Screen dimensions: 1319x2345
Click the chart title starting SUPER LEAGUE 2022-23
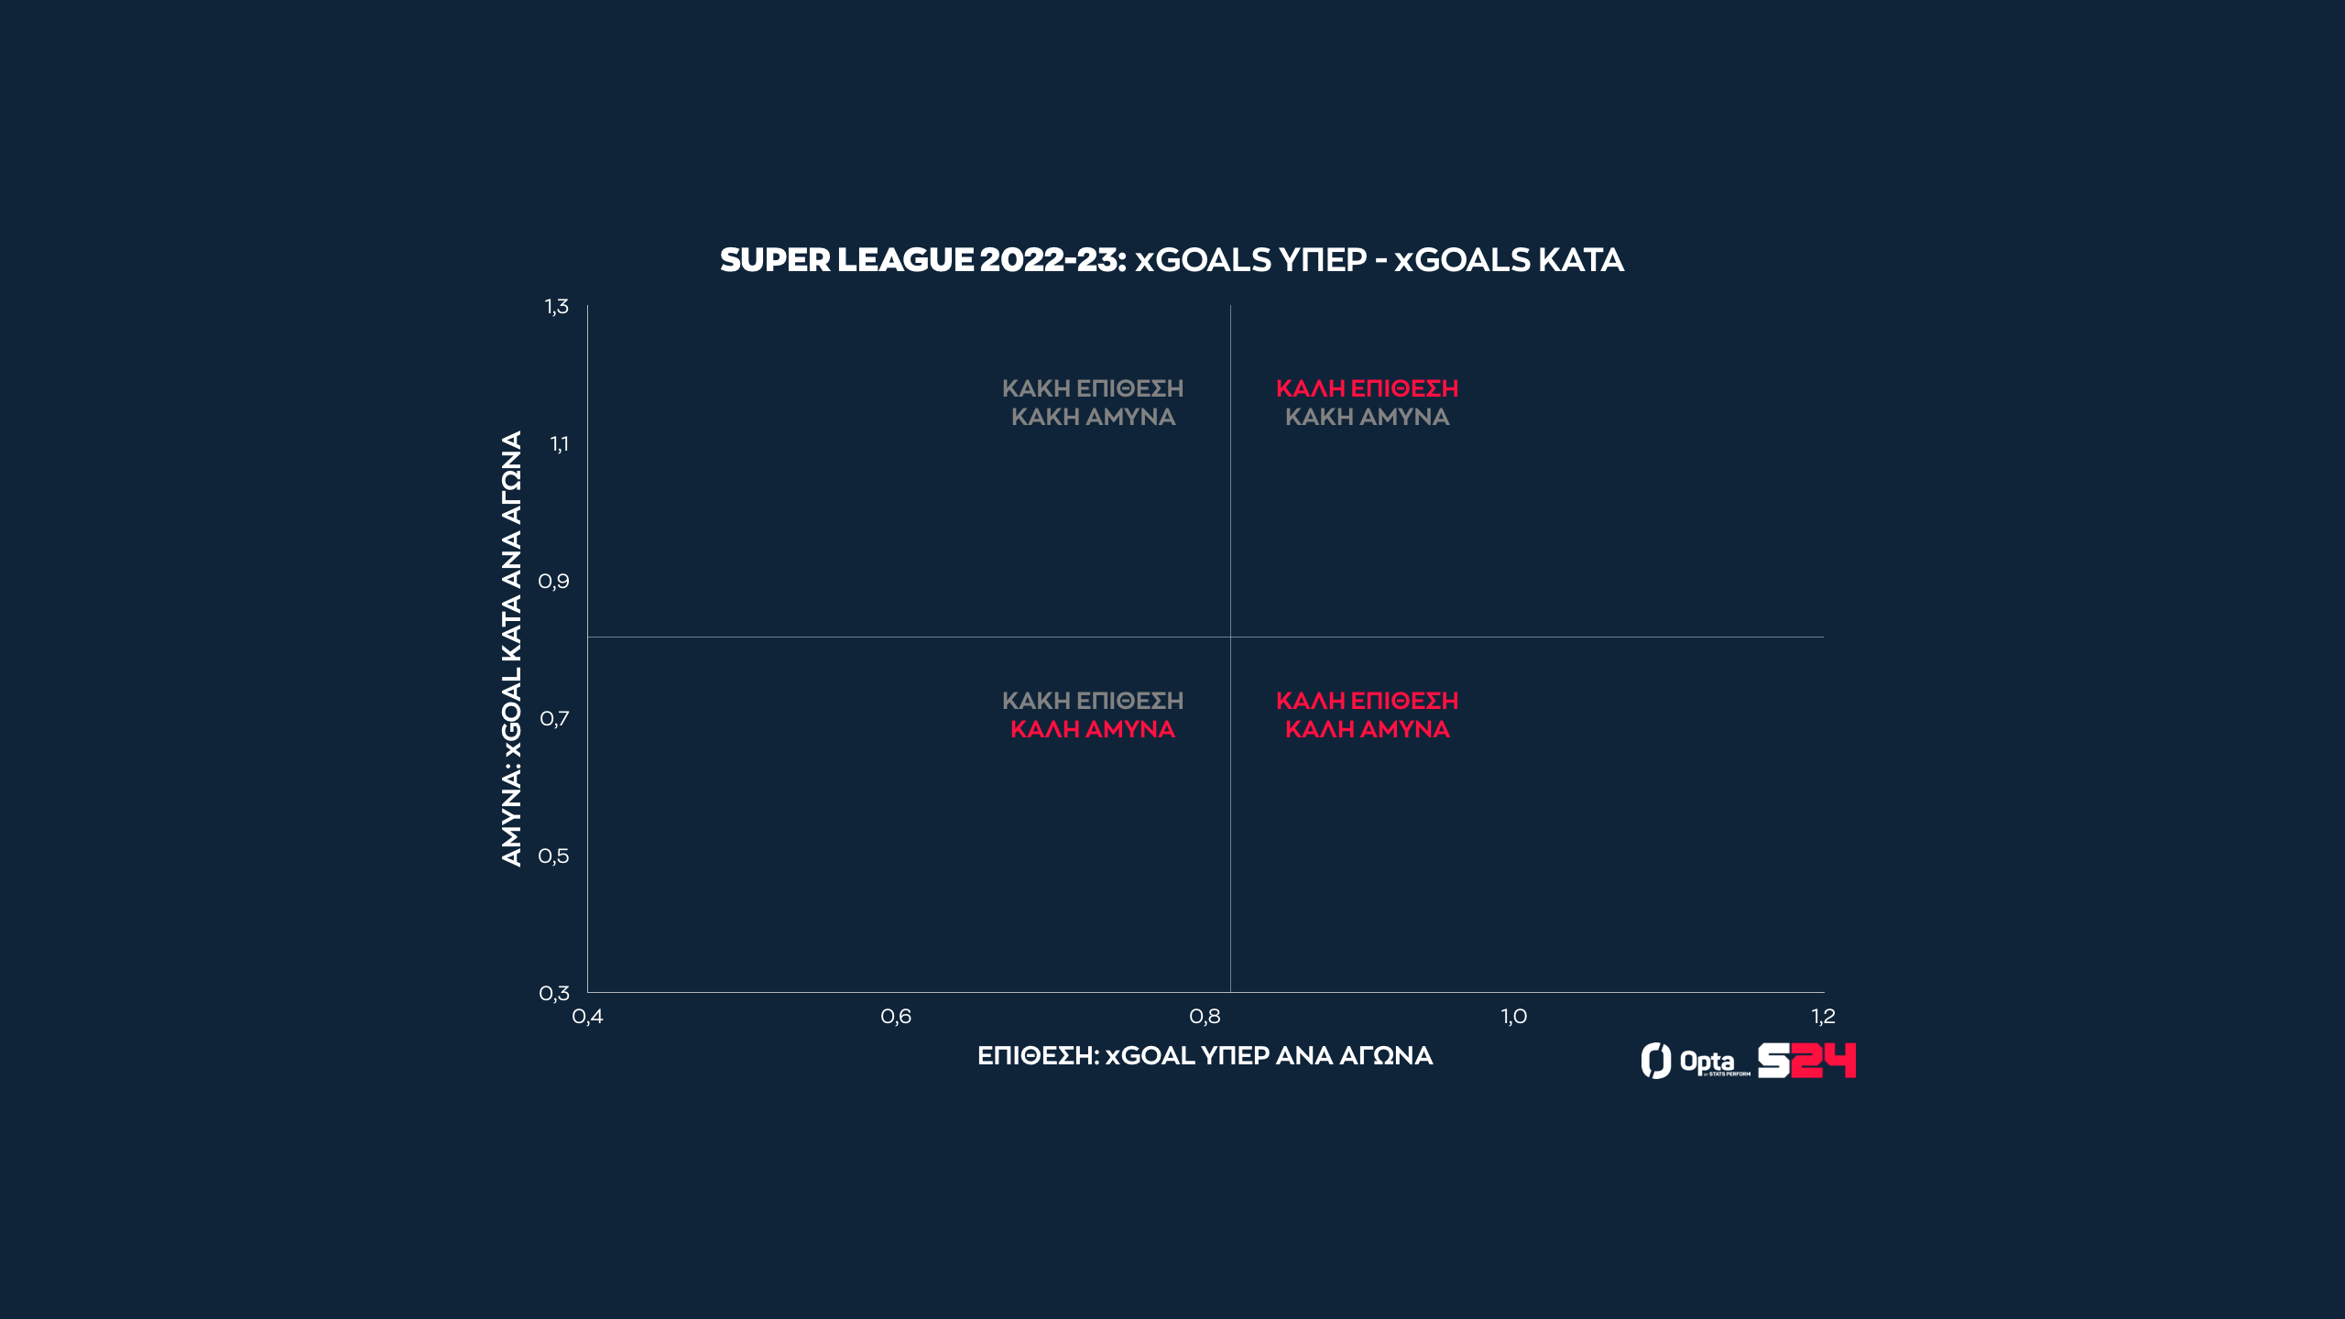(1172, 260)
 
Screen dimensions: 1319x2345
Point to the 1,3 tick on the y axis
(557, 307)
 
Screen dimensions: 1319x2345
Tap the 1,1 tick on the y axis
(559, 444)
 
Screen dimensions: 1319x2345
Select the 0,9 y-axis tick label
(554, 582)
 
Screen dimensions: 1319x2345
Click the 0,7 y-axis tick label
(554, 719)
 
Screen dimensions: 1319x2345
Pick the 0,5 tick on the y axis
(554, 856)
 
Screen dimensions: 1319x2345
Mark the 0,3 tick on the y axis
(554, 994)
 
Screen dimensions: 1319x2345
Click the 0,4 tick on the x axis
(587, 1017)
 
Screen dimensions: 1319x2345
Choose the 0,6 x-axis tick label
(896, 1017)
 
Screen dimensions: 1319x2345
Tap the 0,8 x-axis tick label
(1205, 1017)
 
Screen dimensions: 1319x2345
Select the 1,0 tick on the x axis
(1513, 1017)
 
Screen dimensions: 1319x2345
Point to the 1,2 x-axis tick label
(1823, 1017)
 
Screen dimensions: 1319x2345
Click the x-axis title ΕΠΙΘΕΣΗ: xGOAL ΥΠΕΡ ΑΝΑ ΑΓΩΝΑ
(1205, 1056)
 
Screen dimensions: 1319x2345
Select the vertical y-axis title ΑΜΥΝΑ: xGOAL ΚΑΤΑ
(511, 649)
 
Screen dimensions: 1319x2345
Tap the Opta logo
(1695, 1062)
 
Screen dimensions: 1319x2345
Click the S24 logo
(1806, 1061)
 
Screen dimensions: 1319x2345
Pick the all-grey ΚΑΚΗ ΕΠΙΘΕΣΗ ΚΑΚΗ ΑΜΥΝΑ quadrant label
(1093, 402)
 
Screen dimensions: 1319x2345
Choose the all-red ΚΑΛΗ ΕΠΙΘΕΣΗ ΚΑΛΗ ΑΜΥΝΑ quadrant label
(1367, 715)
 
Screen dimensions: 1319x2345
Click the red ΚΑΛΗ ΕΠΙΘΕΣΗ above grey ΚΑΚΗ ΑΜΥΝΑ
(1367, 389)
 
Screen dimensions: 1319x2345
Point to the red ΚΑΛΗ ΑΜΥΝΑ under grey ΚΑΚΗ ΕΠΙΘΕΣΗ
(1093, 730)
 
